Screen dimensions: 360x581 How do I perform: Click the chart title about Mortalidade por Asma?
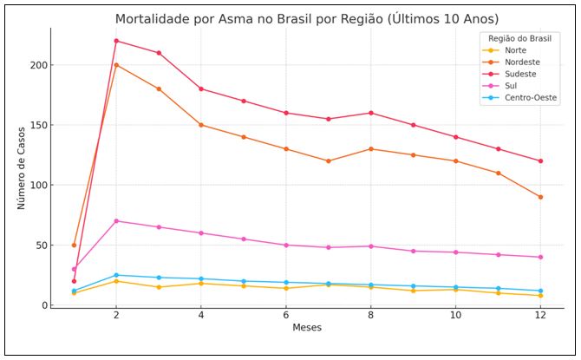pyautogui.click(x=307, y=18)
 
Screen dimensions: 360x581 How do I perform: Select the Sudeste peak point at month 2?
pyautogui.click(x=116, y=41)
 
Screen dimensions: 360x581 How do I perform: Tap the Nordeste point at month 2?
pyautogui.click(x=116, y=65)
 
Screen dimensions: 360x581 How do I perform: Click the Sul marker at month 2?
pyautogui.click(x=116, y=221)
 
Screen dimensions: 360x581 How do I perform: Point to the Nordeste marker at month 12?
pyautogui.click(x=540, y=197)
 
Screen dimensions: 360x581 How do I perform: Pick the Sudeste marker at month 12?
pyautogui.click(x=540, y=161)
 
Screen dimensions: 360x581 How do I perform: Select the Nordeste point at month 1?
pyautogui.click(x=74, y=245)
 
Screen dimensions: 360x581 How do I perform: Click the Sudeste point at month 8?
pyautogui.click(x=370, y=113)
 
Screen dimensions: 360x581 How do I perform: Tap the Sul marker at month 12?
pyautogui.click(x=540, y=257)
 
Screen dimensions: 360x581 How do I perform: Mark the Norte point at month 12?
pyautogui.click(x=540, y=296)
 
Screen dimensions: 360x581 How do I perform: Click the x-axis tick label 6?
pyautogui.click(x=285, y=317)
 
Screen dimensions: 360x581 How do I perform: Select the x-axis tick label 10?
pyautogui.click(x=455, y=317)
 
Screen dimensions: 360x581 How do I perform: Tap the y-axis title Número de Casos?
pyautogui.click(x=22, y=167)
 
